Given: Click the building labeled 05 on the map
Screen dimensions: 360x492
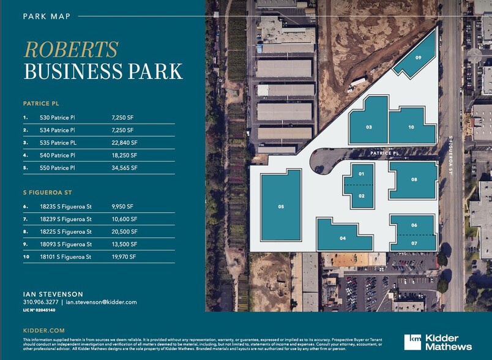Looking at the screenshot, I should (281, 206).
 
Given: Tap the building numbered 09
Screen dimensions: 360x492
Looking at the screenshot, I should (419, 58).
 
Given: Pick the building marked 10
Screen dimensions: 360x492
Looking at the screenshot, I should (411, 127).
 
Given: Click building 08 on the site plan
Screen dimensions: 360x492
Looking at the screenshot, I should (414, 179).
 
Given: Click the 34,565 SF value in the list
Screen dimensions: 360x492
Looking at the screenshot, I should (125, 167).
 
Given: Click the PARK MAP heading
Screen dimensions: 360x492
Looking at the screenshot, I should (47, 17).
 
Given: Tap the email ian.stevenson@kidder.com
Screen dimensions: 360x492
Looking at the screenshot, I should (101, 302).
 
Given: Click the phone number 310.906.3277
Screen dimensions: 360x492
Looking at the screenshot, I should (40, 302).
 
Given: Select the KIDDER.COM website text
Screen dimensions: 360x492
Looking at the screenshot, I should (42, 330).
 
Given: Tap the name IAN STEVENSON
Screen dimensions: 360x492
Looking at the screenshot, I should (53, 294).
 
